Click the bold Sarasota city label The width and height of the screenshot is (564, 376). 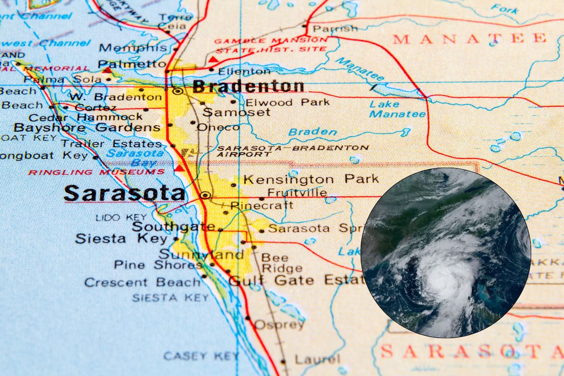[x=125, y=193]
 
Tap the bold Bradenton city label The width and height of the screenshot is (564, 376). [x=248, y=86]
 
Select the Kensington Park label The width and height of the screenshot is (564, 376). [x=311, y=179]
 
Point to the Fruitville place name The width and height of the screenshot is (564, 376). [x=297, y=193]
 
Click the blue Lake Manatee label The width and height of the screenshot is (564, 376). [x=397, y=109]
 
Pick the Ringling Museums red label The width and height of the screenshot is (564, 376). [x=96, y=172]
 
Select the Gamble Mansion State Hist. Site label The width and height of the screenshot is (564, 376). [x=271, y=45]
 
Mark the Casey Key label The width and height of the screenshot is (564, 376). [x=201, y=356]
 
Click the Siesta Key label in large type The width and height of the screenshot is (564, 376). [x=121, y=239]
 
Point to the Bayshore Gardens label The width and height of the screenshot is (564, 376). [x=87, y=127]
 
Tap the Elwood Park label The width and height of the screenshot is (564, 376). [x=281, y=102]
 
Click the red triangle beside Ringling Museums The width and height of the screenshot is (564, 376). [x=179, y=168]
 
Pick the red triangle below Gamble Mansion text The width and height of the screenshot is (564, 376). [x=213, y=60]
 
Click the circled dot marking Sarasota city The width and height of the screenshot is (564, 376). [x=205, y=195]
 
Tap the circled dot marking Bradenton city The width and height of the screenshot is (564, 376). [x=178, y=91]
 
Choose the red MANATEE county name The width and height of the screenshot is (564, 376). [x=470, y=39]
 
